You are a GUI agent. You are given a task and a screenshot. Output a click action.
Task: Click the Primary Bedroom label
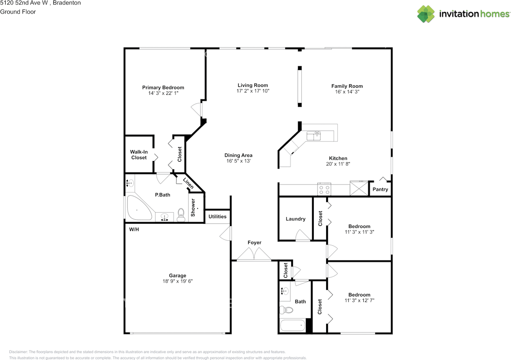tap(163, 88)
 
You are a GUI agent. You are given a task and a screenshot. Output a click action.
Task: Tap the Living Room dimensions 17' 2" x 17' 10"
tap(253, 91)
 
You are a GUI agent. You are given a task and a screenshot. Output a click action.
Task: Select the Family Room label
tap(347, 86)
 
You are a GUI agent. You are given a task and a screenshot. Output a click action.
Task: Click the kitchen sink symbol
tap(314, 135)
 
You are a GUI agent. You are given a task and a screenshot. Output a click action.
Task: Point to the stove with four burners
tap(324, 189)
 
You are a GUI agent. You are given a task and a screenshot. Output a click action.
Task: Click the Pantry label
tap(380, 189)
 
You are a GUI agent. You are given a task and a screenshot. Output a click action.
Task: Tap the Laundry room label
tap(295, 219)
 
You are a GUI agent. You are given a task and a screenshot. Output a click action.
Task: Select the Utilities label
tap(218, 217)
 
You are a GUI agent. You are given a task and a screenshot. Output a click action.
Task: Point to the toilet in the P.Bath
tap(181, 215)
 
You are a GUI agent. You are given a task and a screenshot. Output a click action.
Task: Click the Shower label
tap(193, 207)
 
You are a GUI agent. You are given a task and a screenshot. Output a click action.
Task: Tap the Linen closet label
tap(188, 183)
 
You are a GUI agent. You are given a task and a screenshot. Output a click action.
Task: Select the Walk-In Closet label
tap(139, 155)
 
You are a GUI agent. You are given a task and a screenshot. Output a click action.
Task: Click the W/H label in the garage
tap(134, 229)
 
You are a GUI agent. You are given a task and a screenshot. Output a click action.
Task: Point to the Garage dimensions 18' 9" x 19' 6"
tap(178, 281)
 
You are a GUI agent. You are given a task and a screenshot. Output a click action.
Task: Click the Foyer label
tap(254, 243)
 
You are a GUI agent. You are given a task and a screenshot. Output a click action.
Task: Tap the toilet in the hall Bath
tap(286, 310)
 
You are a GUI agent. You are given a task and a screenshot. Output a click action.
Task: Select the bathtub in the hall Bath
tap(293, 325)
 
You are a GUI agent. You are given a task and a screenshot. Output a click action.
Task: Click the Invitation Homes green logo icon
tap(426, 14)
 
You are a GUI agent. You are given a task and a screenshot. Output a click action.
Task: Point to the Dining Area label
tap(238, 155)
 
